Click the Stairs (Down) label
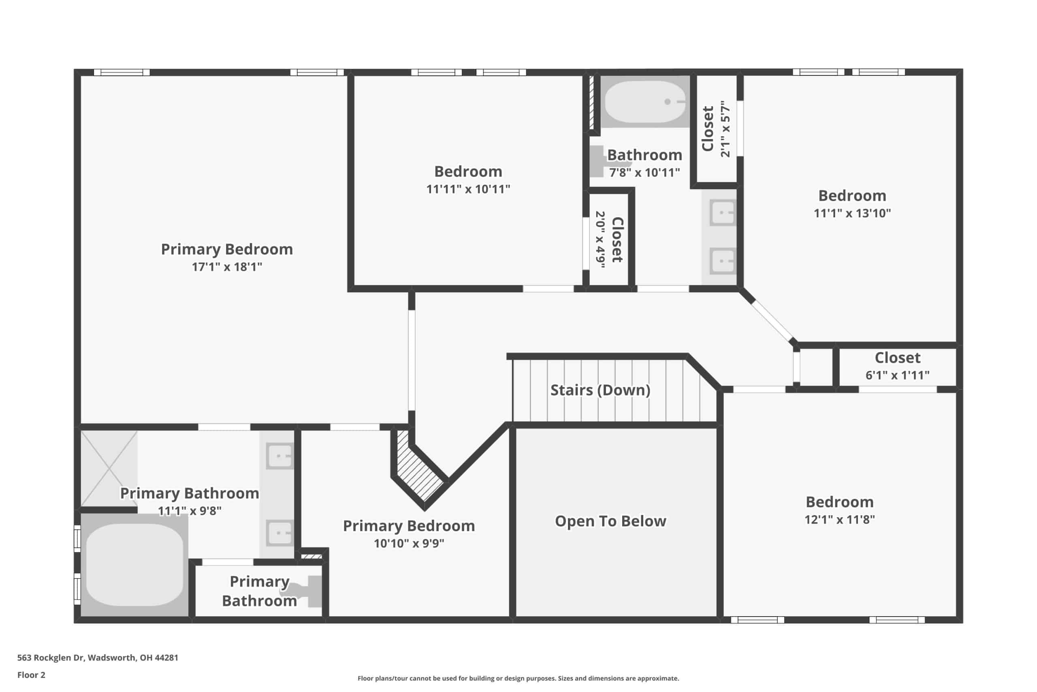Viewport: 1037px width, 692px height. pos(600,390)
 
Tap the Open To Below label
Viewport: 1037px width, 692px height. pos(610,521)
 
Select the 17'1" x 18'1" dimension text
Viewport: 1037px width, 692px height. pos(226,267)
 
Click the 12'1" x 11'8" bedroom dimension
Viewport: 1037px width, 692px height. pos(839,519)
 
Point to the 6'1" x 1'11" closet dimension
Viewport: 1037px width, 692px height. pos(897,375)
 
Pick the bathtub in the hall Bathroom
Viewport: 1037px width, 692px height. pos(645,102)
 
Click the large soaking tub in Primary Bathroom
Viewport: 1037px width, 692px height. pos(134,565)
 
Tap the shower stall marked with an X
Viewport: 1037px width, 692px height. pos(109,469)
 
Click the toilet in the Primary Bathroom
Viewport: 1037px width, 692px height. pos(309,591)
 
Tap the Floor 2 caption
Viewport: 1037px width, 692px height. pos(31,675)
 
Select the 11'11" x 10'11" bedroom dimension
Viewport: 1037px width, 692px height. pos(468,189)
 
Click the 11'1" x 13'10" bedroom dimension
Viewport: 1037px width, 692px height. pos(852,213)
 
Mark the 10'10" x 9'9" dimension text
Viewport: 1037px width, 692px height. pos(409,543)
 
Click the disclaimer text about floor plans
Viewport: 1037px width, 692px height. pos(518,678)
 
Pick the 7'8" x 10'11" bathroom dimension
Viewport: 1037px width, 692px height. pos(644,173)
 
